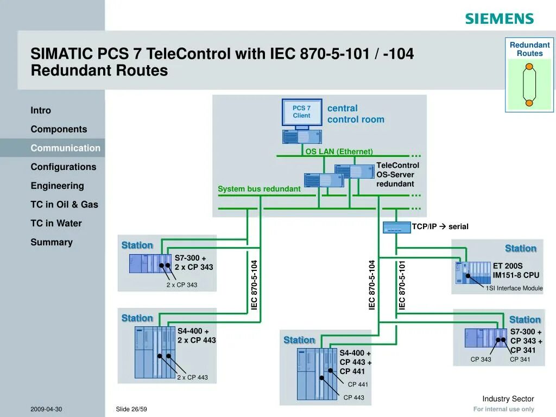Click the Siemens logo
pos(499,18)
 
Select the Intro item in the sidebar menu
pos(41,110)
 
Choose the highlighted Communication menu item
pos(65,148)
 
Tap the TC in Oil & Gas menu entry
pos(64,204)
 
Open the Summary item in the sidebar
pos(52,242)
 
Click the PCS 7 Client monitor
pos(302,112)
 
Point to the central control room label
pos(355,114)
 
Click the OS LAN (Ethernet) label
pos(339,151)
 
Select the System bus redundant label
pos(259,189)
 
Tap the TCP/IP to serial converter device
pos(396,228)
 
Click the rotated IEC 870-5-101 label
pos(402,285)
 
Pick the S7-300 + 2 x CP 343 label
pos(193,263)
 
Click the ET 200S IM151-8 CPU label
pos(516,270)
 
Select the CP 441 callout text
pos(358,384)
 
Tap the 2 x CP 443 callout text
pos(192,377)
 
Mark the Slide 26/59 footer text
pos(131,409)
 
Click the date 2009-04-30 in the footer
pos(46,409)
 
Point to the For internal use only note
pos(503,409)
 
